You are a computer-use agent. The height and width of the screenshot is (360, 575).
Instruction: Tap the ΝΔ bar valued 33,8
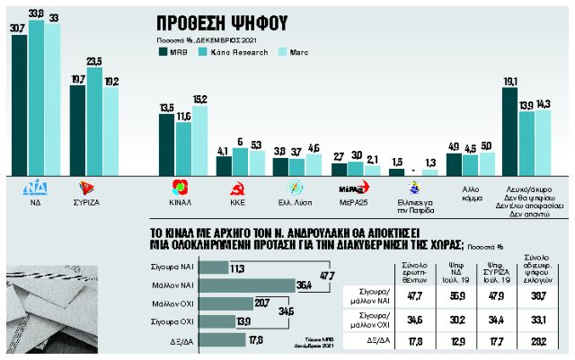(36, 99)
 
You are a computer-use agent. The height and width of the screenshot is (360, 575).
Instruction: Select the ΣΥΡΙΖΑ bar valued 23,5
(93, 121)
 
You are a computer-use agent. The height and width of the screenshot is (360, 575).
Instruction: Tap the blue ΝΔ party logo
(37, 188)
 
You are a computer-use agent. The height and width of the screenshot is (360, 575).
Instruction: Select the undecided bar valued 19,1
(510, 130)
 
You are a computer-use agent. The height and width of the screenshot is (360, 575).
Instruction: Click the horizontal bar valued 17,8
(220, 338)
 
